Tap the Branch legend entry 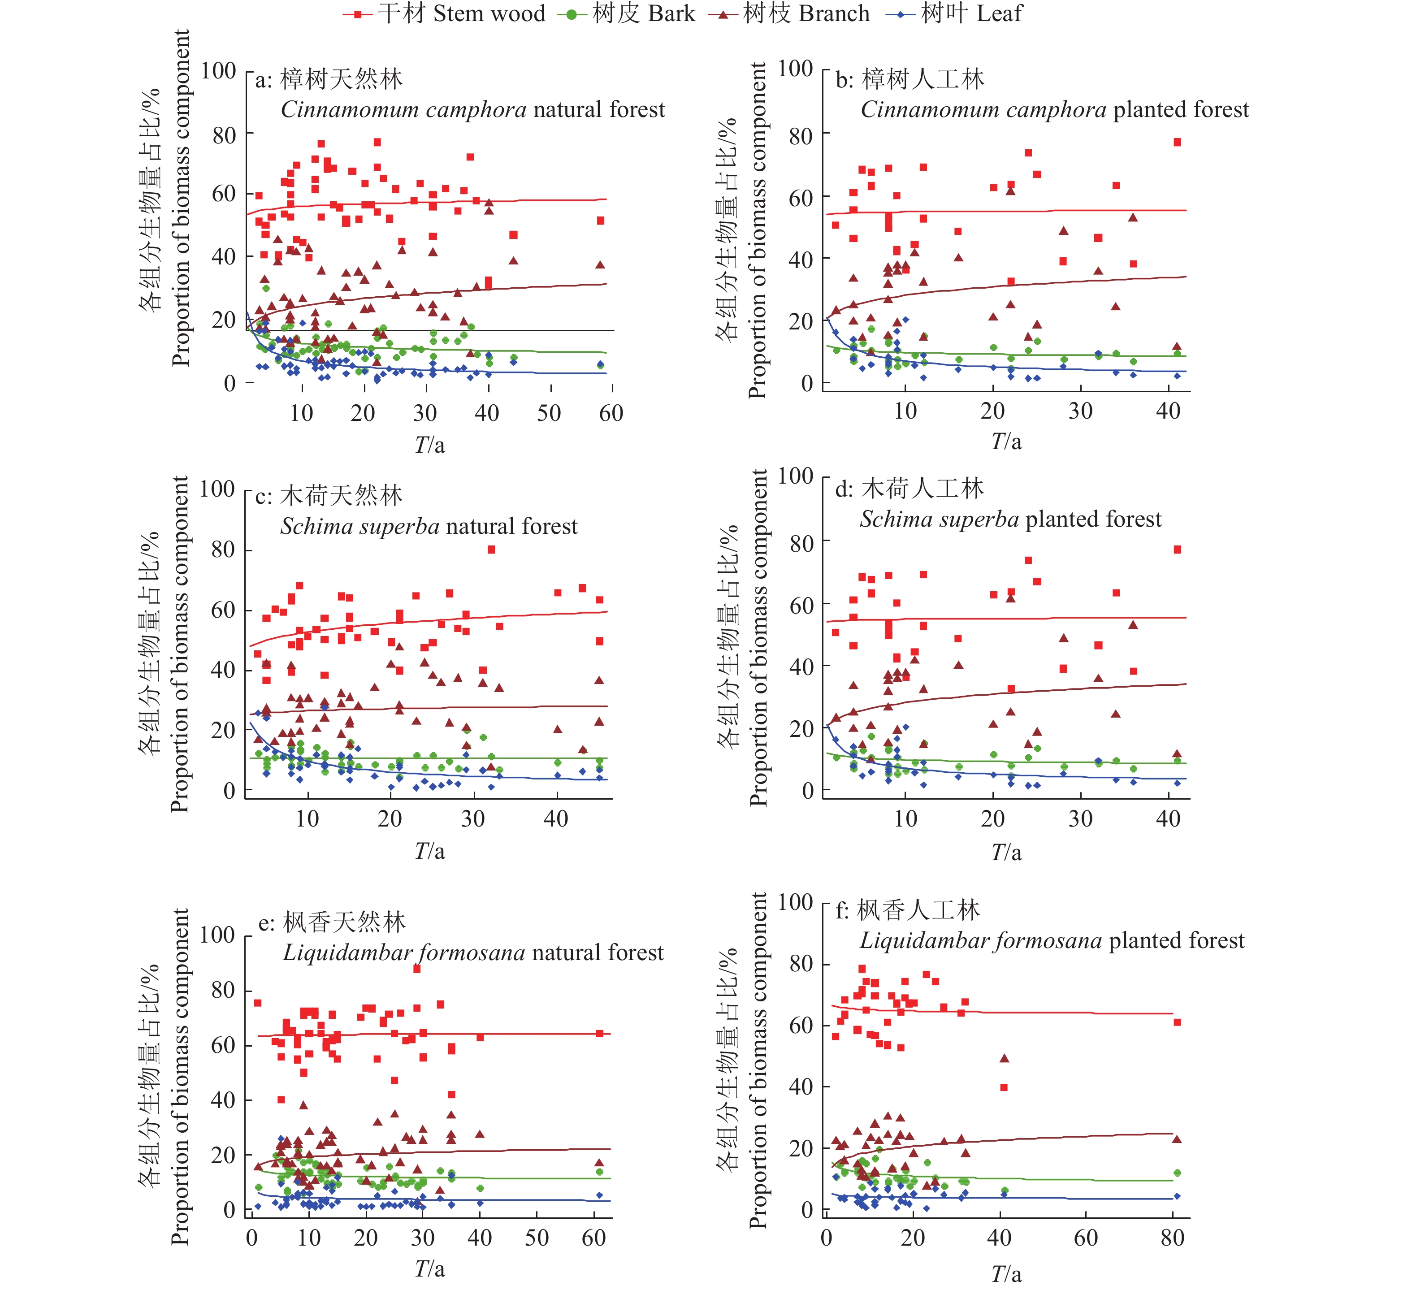789,13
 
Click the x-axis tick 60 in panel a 611,413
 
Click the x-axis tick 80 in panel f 1172,1238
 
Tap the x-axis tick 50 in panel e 537,1238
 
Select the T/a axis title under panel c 429,852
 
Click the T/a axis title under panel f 1006,1274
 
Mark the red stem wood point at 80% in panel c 492,550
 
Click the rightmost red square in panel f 1178,1022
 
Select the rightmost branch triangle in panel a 600,265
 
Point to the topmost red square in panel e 417,969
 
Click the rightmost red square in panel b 1178,142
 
